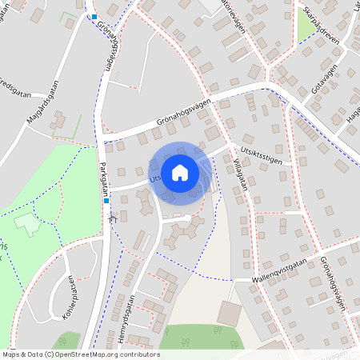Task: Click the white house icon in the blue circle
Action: pos(180,172)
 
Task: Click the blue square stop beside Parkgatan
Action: pos(106,201)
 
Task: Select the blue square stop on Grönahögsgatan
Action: pos(94,17)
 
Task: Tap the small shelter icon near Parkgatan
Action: pos(114,217)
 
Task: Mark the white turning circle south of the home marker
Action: pos(187,218)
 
